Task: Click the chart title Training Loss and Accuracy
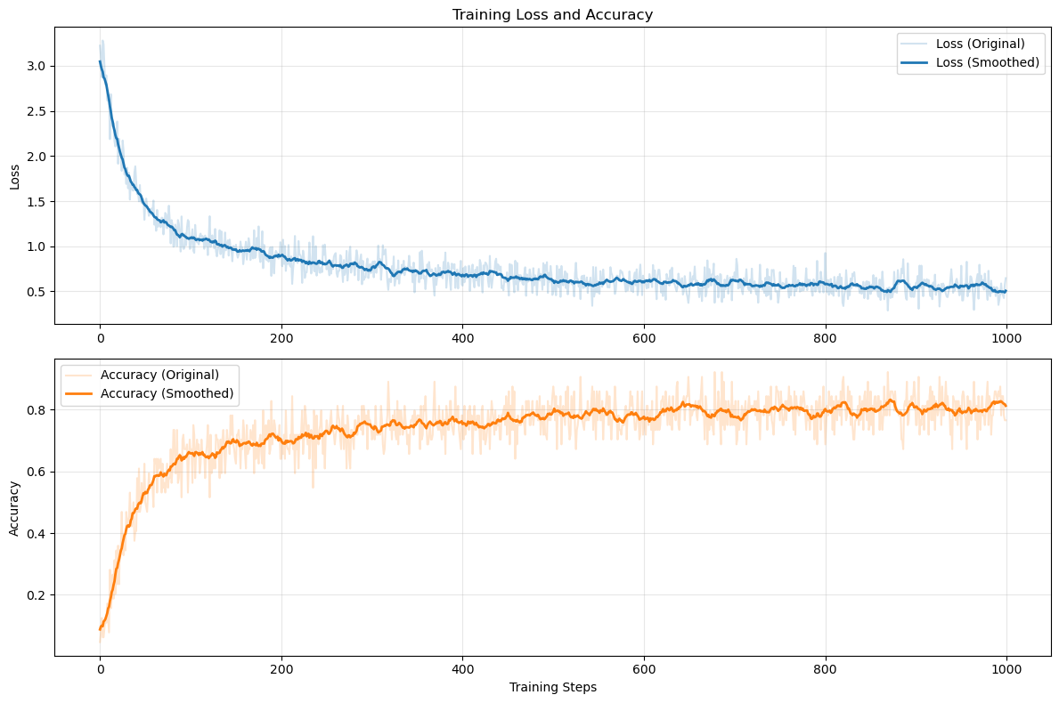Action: click(552, 14)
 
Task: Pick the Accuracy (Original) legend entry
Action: click(159, 374)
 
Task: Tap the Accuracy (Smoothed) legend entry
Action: click(167, 393)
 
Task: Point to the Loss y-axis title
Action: click(14, 175)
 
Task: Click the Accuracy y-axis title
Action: click(14, 508)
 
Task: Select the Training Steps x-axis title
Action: click(552, 688)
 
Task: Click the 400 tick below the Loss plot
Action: click(462, 339)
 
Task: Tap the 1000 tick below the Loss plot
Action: click(1006, 339)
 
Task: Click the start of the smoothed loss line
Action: click(100, 61)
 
